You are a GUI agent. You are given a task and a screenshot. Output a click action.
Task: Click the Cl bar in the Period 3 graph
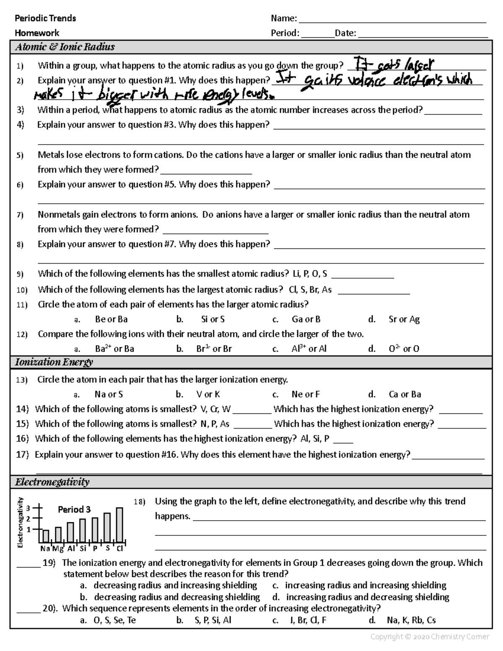[119, 525]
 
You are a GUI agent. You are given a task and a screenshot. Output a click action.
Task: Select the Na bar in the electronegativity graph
[46, 536]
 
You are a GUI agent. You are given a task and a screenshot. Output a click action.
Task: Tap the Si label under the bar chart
[83, 548]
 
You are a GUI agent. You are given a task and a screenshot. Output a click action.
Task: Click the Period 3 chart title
[74, 509]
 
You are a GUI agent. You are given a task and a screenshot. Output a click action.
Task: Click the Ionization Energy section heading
[54, 362]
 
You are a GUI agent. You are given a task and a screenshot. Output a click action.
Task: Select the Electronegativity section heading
[52, 482]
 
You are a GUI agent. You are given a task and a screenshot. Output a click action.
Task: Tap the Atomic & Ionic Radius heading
[65, 47]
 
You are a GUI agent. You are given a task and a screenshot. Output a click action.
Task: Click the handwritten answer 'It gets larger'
[394, 65]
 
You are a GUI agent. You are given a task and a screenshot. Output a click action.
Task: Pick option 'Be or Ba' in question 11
[111, 319]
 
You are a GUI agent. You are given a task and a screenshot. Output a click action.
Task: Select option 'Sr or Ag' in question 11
[404, 319]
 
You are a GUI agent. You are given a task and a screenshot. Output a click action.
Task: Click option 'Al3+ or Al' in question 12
[309, 349]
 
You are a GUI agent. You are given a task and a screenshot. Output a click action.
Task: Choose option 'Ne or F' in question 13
[306, 394]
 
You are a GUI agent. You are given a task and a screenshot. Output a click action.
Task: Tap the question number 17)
[22, 455]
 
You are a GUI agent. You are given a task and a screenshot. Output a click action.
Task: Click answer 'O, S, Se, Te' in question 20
[114, 620]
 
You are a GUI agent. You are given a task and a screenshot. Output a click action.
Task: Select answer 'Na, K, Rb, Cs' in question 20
[412, 620]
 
